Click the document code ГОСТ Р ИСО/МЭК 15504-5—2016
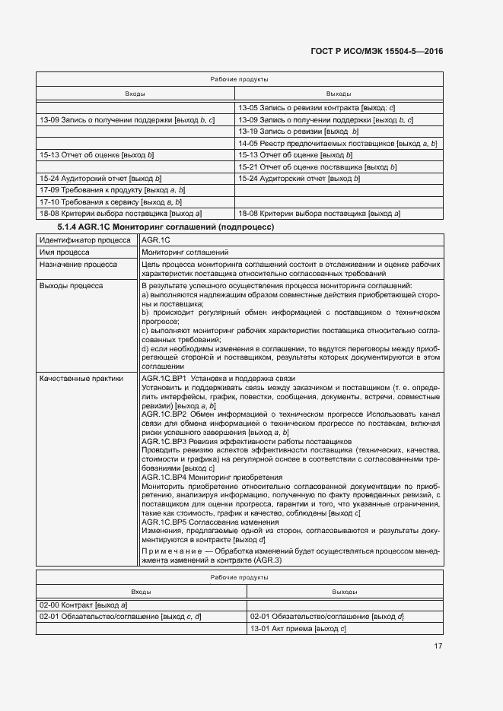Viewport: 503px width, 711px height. click(x=377, y=51)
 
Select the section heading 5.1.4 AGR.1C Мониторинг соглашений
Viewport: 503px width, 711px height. click(x=166, y=227)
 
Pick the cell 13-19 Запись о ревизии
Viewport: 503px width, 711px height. click(x=298, y=131)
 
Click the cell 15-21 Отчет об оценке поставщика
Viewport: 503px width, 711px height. click(x=317, y=167)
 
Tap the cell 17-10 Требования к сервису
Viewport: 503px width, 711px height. click(x=110, y=202)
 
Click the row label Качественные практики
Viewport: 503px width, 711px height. click(x=81, y=379)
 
